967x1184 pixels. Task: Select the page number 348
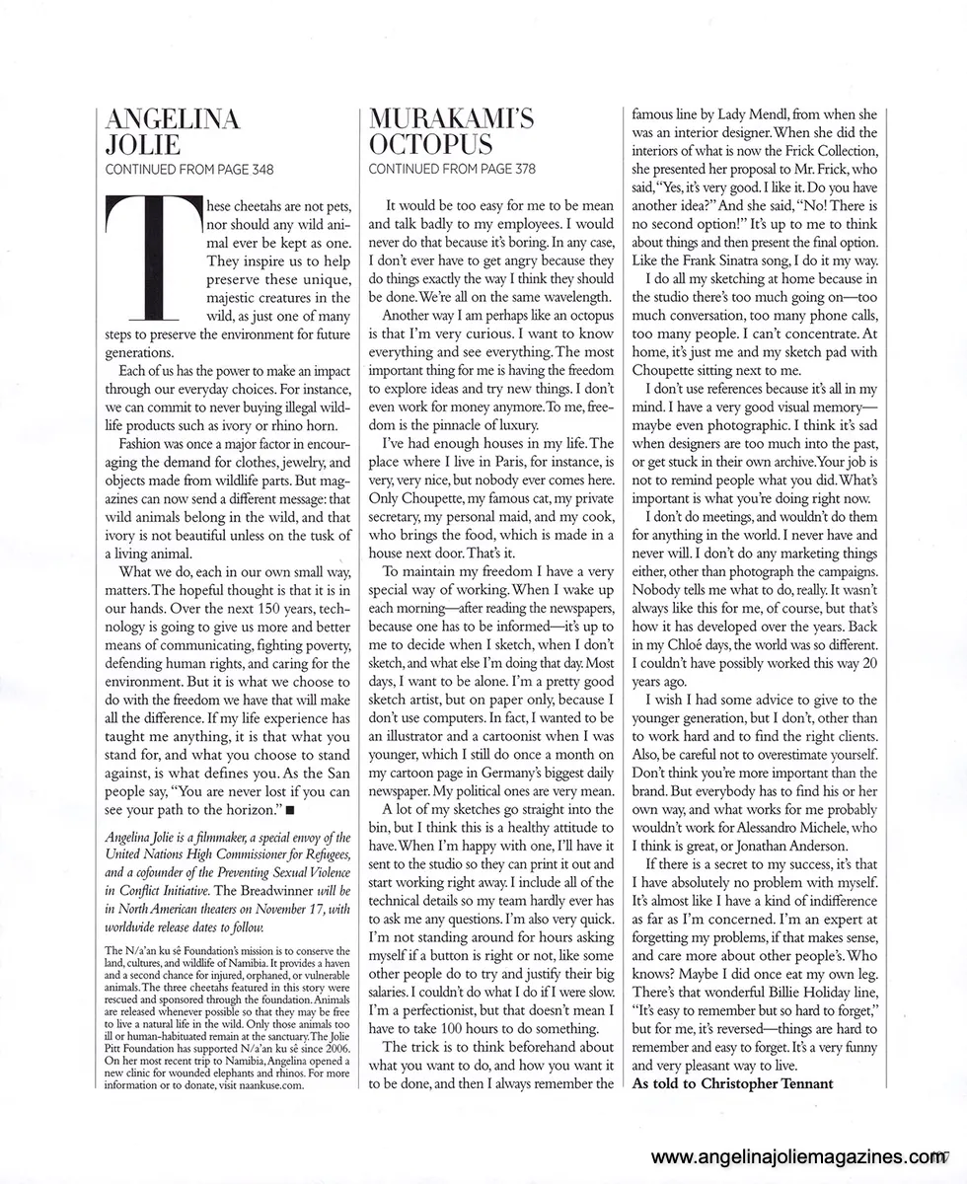(x=256, y=169)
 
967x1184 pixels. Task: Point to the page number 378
(x=519, y=169)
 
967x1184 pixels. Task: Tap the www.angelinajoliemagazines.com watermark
(x=799, y=1158)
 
